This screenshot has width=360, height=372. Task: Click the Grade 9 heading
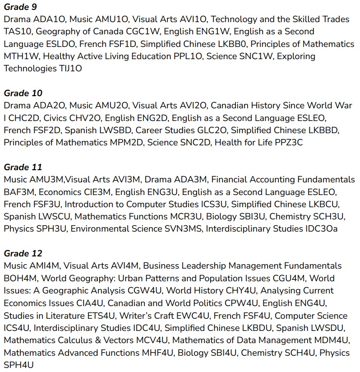pos(20,7)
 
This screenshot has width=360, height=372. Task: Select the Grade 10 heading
pos(23,93)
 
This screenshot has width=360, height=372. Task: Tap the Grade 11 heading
pos(23,167)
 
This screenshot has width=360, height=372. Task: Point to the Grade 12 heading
pos(23,253)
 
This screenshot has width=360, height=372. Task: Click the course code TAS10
pos(18,32)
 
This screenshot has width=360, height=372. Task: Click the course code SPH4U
pos(18,365)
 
